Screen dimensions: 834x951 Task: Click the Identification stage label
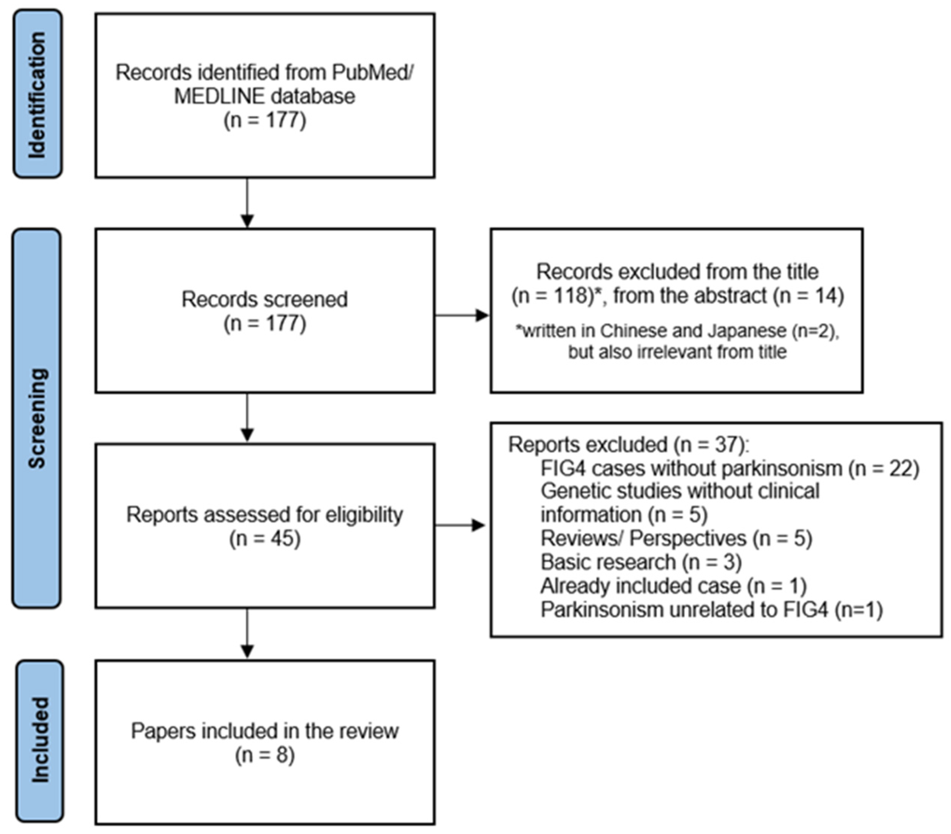pos(37,94)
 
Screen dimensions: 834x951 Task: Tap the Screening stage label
pos(37,418)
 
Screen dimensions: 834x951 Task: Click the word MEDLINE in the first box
pos(220,96)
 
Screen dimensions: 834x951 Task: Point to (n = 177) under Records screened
pos(265,324)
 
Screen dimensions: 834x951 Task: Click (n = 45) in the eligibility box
pos(265,539)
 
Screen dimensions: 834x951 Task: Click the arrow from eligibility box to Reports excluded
pos(461,525)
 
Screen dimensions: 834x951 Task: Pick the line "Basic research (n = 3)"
pos(641,562)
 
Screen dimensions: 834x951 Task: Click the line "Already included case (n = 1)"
pos(673,586)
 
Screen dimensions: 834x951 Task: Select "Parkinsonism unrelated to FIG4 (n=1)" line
pos(711,609)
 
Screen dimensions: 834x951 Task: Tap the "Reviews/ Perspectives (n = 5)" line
pos(676,538)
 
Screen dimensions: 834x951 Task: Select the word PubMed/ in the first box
pos(372,73)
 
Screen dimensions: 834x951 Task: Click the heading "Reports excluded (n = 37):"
pos(629,444)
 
